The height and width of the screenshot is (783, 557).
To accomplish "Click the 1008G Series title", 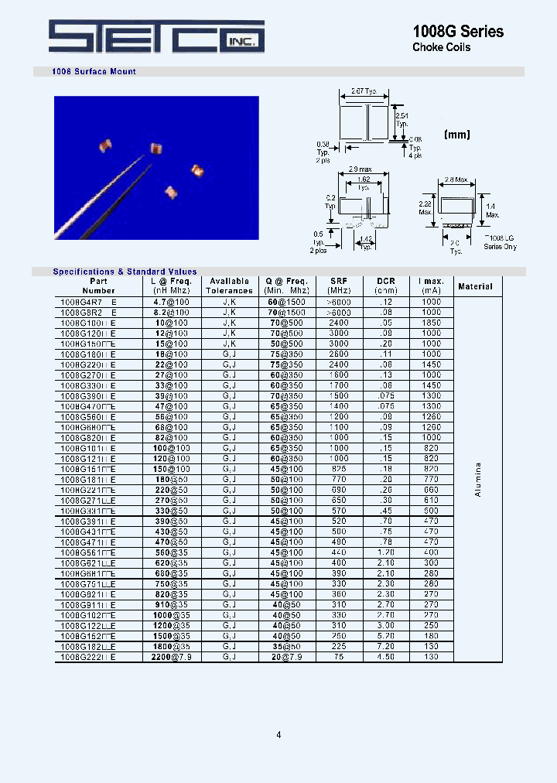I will click(458, 31).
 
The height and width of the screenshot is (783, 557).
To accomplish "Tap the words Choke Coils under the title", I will click(441, 48).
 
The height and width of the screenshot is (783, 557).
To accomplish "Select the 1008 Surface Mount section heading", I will click(94, 72).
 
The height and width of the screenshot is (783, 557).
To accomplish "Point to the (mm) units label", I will click(457, 134).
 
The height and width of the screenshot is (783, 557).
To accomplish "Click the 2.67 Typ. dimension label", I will click(364, 91).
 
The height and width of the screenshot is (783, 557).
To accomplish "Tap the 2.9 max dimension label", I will click(360, 168).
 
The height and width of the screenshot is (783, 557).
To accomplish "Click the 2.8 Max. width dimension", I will click(456, 180).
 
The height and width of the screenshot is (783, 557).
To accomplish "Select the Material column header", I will click(475, 286).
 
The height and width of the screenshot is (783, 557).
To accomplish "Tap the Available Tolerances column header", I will click(229, 286).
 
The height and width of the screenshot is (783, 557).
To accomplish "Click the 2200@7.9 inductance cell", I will click(171, 657).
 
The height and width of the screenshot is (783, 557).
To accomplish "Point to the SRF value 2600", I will click(339, 354).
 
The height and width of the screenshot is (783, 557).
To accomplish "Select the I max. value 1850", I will click(432, 322).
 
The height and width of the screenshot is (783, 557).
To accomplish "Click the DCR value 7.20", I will click(386, 646).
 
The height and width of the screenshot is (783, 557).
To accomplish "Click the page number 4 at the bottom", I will click(278, 734).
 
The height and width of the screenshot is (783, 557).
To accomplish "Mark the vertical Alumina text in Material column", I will click(478, 479).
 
